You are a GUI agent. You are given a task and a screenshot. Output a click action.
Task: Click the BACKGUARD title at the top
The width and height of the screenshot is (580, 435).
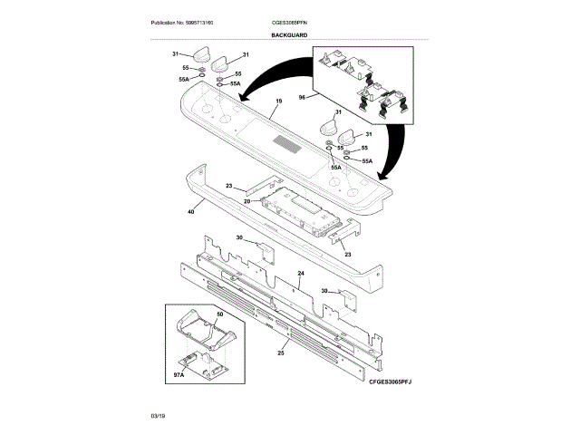click(289, 34)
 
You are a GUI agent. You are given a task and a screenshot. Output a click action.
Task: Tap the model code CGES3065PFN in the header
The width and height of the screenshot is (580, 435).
click(289, 22)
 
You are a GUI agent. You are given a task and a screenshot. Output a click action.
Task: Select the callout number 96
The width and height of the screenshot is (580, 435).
click(302, 96)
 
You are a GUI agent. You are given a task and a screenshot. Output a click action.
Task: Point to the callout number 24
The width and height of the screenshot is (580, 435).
click(301, 273)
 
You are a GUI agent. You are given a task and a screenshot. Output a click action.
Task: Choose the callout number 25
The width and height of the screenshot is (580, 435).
click(281, 352)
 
